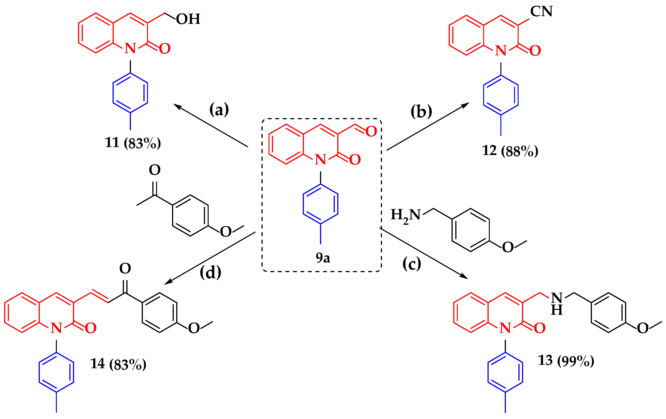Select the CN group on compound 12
[x=541, y=11]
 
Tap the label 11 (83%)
[x=133, y=143]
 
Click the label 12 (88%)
[x=510, y=151]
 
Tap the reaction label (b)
[x=421, y=111]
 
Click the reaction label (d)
[x=211, y=273]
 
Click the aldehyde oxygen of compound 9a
[x=371, y=131]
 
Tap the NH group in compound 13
[x=557, y=304]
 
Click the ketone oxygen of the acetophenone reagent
[x=155, y=170]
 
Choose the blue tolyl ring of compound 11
[x=130, y=93]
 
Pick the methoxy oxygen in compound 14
[x=194, y=328]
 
